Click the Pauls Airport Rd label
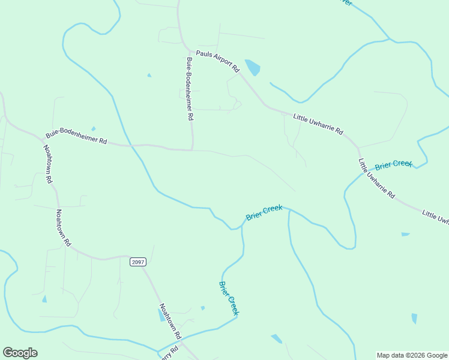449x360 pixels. pyautogui.click(x=217, y=59)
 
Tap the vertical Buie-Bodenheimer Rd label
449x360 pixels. pyautogui.click(x=190, y=87)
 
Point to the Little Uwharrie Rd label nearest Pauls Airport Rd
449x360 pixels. pyautogui.click(x=318, y=124)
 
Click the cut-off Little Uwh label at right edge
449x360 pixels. pyautogui.click(x=435, y=217)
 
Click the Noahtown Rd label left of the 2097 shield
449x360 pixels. pyautogui.click(x=63, y=228)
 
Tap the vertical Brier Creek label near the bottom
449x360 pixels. pyautogui.click(x=229, y=298)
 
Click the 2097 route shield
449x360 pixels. pyautogui.click(x=137, y=262)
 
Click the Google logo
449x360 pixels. pyautogui.click(x=20, y=353)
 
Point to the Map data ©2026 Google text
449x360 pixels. pyautogui.click(x=412, y=355)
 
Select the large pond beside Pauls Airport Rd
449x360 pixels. pyautogui.click(x=253, y=67)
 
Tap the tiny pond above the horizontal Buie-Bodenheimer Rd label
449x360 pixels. pyautogui.click(x=93, y=128)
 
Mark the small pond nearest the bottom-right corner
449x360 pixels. pyautogui.click(x=414, y=318)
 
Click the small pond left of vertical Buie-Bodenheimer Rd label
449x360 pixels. pyautogui.click(x=149, y=75)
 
